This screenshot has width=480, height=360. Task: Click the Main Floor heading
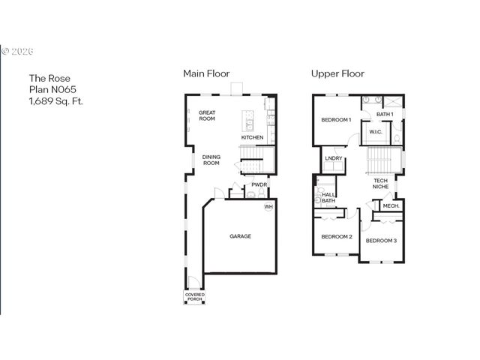coord(206,73)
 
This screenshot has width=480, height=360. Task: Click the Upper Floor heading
coord(337,73)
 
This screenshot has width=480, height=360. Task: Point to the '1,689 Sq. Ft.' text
coord(57,99)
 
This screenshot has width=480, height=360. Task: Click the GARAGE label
coord(240,236)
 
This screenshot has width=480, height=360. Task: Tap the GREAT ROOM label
coord(207,115)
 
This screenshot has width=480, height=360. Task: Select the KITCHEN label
coord(252,137)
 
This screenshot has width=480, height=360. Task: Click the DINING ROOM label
coord(211,160)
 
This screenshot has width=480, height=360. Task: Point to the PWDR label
coord(259,184)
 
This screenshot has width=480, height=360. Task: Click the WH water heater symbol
coord(268,207)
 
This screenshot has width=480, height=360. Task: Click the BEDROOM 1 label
coord(336,120)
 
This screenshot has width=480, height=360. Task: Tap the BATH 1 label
coord(385,114)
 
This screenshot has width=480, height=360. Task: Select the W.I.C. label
coord(376,133)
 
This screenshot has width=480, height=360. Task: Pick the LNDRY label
coord(334,158)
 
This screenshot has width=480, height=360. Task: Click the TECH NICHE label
coord(380,183)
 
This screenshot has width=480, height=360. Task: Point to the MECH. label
coord(391,205)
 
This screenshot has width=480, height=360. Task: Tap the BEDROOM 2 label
coord(337,237)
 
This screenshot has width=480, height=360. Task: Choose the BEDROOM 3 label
coord(381,240)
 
